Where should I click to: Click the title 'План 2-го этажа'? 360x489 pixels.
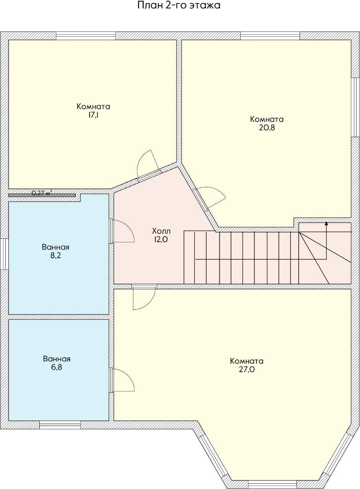179,5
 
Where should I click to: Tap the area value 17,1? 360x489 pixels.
93,115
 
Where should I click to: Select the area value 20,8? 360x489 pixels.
267,128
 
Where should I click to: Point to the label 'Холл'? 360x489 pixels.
161,231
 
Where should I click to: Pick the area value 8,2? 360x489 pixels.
55,256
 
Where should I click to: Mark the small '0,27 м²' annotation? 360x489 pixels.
42,193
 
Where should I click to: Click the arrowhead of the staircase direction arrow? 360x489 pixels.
326,223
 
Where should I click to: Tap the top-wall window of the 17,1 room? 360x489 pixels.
86,36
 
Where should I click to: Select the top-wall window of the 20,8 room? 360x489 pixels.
270,36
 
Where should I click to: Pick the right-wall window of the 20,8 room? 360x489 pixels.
355,107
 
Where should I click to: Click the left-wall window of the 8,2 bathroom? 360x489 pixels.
4,254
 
